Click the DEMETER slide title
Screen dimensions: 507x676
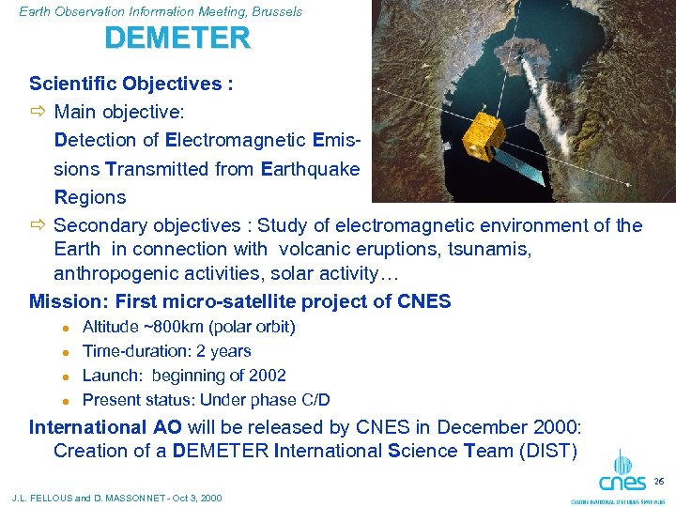177,38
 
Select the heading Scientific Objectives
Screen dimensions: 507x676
131,84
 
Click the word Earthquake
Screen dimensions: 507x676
310,169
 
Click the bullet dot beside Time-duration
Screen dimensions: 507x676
66,352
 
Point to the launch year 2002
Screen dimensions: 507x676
268,376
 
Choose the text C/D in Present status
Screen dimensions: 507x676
313,400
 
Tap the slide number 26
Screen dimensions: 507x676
659,481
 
